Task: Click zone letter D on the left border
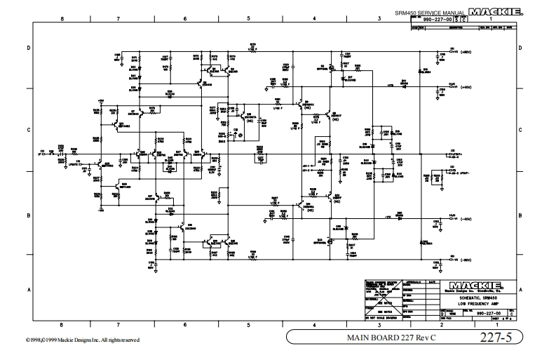coord(29,48)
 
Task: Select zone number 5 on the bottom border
coord(249,324)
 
